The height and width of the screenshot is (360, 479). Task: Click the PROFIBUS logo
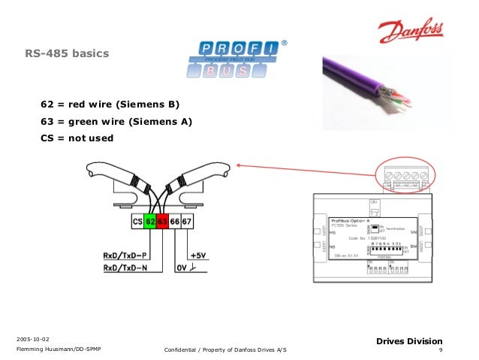pos(235,59)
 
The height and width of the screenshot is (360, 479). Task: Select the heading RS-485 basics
pos(68,54)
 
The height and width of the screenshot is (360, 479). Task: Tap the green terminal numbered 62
pos(150,222)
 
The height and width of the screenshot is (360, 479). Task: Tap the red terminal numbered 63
pos(163,222)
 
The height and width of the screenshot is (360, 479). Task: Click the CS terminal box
pos(137,222)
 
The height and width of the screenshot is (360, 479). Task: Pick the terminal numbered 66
pos(175,222)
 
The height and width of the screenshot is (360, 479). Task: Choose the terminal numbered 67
pos(188,222)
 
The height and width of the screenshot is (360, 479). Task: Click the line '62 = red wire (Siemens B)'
pos(111,104)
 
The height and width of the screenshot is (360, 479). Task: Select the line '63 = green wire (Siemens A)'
pos(116,121)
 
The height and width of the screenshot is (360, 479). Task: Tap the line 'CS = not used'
pos(77,138)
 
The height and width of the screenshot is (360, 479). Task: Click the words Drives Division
pos(410,341)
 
